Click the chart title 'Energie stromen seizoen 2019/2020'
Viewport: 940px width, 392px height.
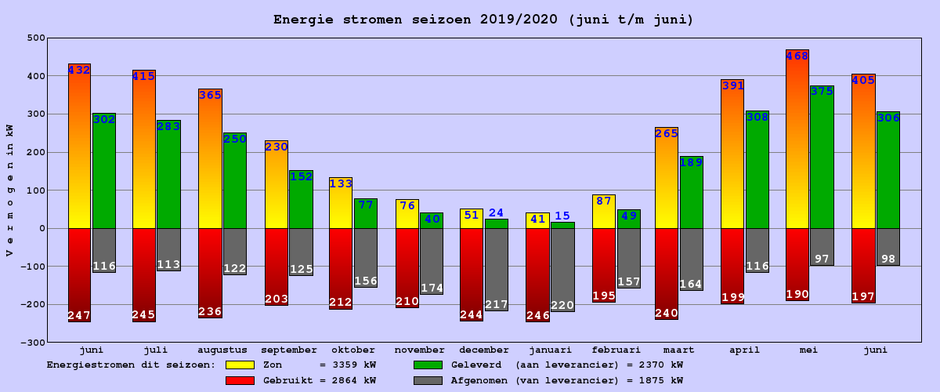[x=483, y=20]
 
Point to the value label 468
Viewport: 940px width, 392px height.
[x=797, y=56]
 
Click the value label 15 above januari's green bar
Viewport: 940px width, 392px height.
[x=562, y=216]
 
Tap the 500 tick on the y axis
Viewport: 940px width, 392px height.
[x=36, y=38]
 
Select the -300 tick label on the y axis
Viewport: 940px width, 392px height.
[x=33, y=343]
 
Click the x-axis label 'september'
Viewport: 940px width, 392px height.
[x=289, y=350]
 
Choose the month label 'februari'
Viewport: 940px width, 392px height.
[x=616, y=350]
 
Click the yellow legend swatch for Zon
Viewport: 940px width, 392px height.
[x=240, y=365]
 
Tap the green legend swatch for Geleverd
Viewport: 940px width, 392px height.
[x=428, y=365]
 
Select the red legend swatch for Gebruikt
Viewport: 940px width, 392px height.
[x=240, y=380]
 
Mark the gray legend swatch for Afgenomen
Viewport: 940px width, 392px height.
[x=428, y=380]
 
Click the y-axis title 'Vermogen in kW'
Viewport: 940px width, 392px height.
[x=9, y=190]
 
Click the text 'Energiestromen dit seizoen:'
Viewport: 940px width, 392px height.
[x=131, y=365]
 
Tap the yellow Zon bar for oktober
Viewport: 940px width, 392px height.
[x=341, y=208]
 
